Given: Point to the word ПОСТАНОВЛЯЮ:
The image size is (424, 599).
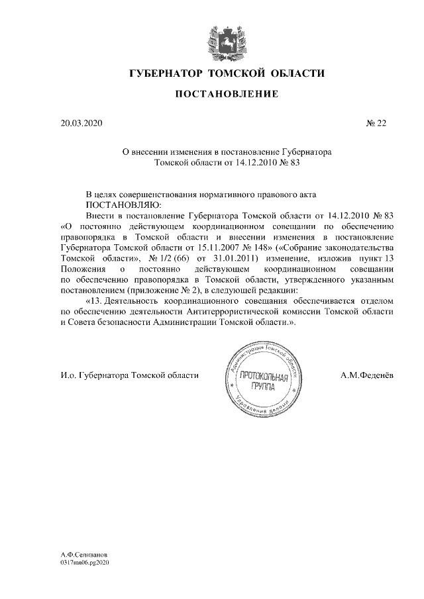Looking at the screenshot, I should click(x=120, y=205).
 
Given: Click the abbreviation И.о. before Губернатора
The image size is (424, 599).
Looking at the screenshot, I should click(x=67, y=375).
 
